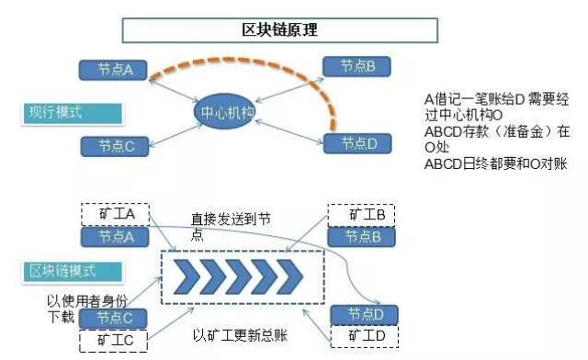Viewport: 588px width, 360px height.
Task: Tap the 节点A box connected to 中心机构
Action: [116, 69]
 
